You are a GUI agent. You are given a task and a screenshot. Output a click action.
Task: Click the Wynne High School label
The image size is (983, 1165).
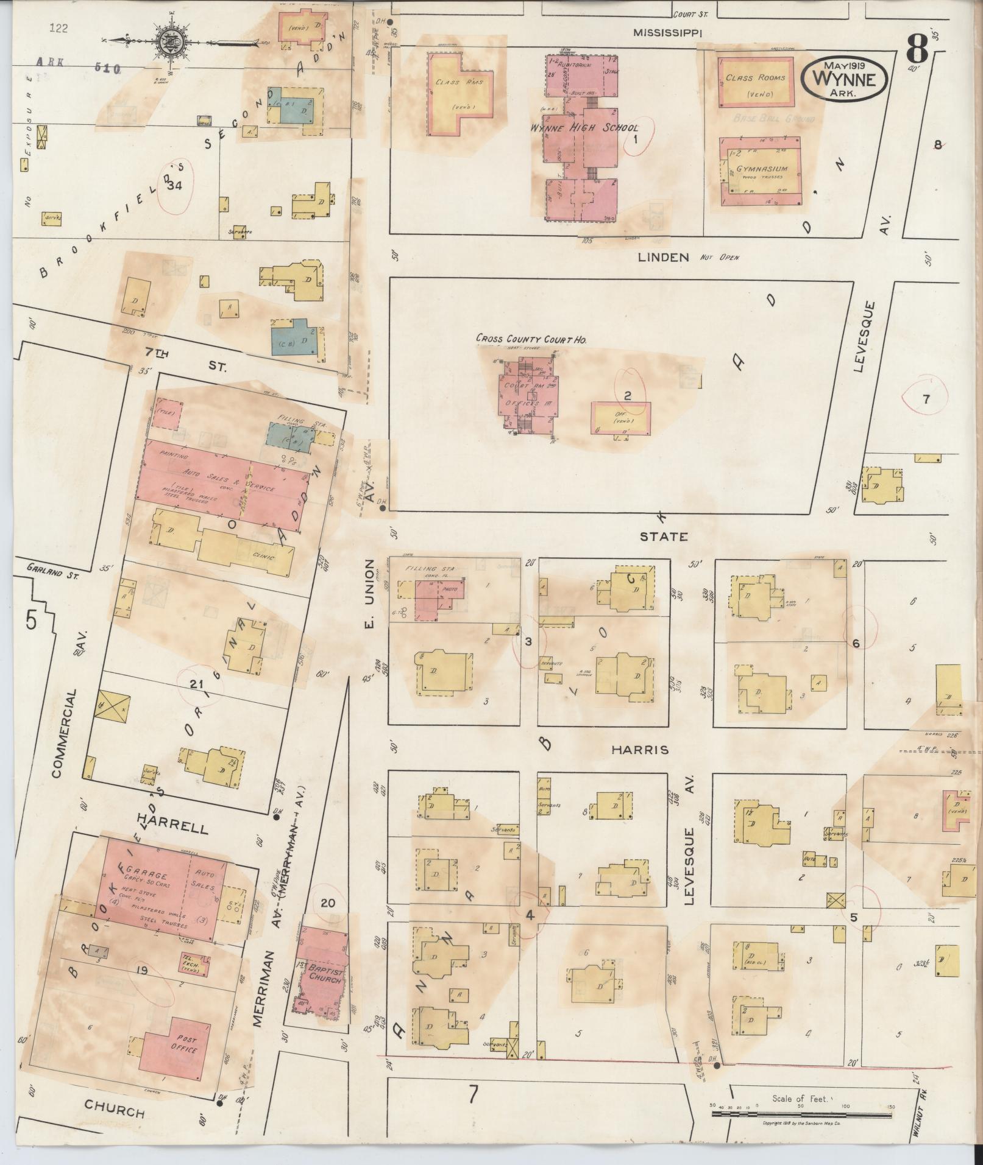tap(583, 128)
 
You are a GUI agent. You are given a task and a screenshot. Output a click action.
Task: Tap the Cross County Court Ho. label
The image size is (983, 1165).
tap(527, 339)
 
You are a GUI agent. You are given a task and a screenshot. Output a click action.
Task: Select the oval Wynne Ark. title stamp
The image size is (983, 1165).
tap(844, 79)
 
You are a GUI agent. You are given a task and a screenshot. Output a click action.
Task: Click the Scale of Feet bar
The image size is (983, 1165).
tap(801, 1114)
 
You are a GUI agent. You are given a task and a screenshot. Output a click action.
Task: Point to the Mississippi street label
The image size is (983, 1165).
tap(667, 33)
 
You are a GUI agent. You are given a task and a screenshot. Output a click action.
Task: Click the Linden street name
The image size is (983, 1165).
tap(663, 258)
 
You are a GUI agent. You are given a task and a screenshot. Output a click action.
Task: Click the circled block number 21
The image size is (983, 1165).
tap(195, 685)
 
